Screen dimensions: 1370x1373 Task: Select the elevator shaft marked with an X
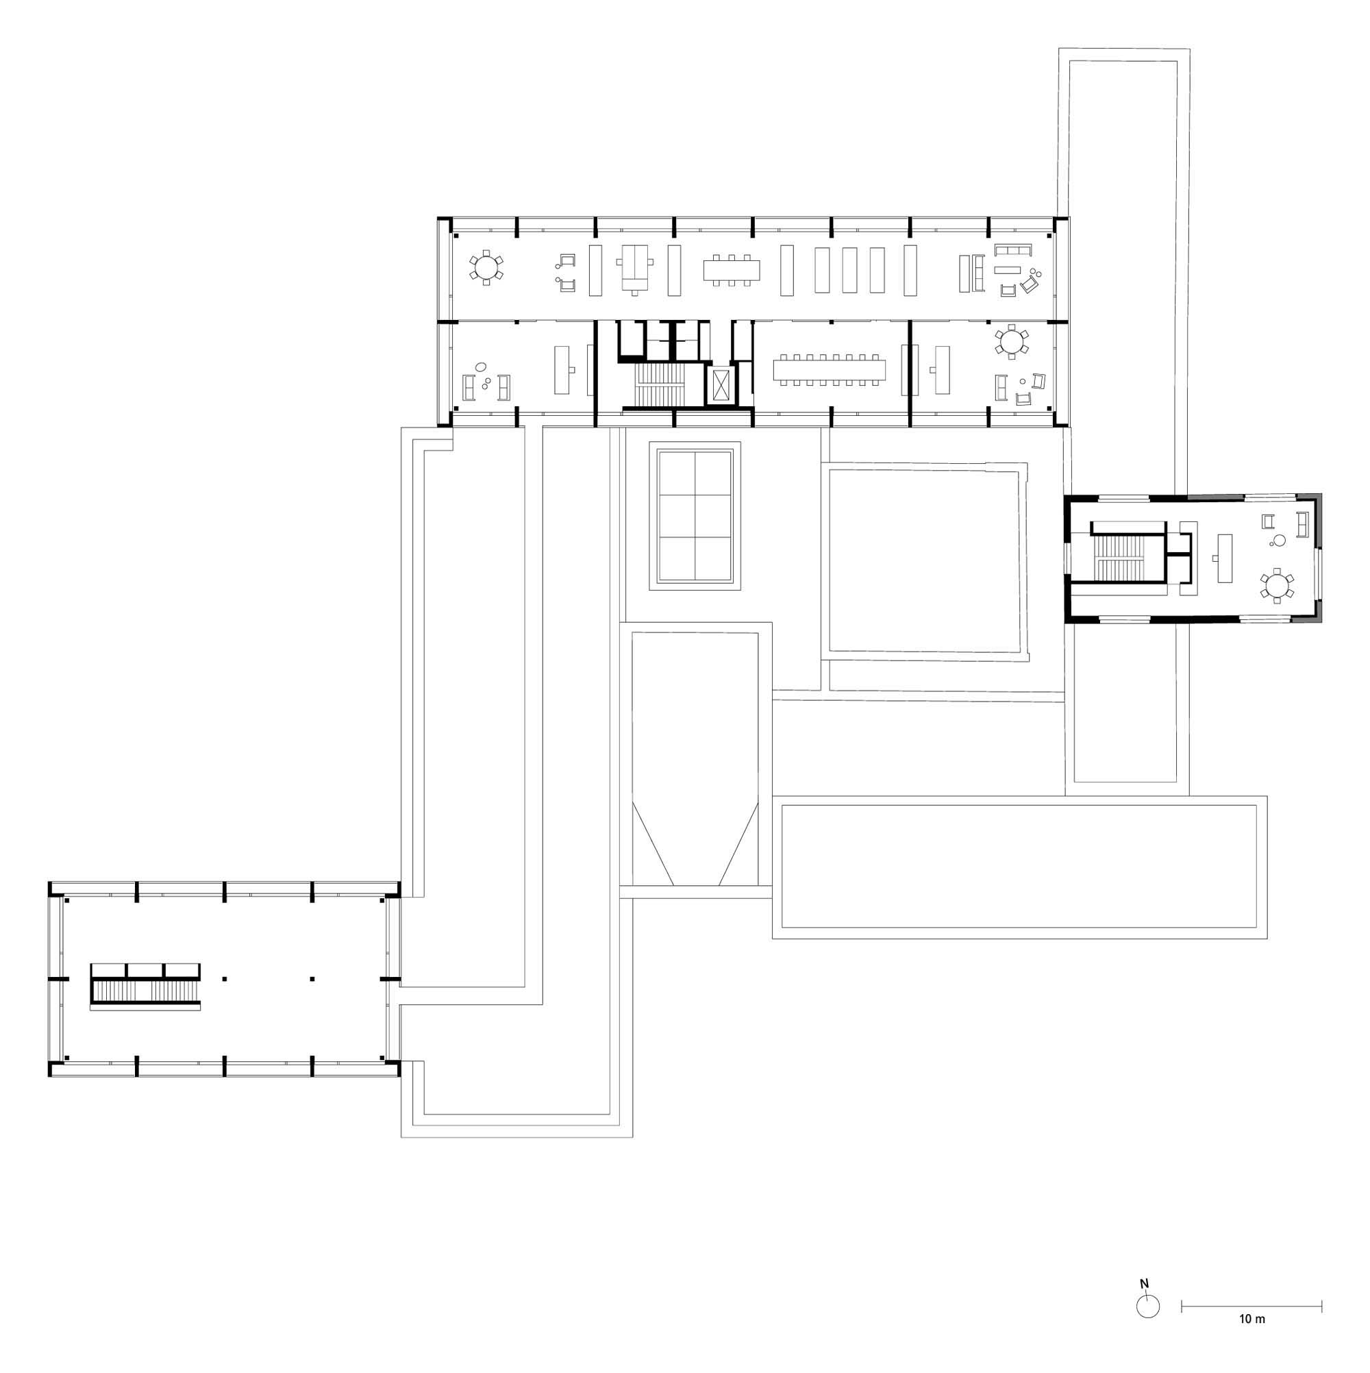pos(722,385)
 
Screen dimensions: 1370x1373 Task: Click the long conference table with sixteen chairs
pos(830,369)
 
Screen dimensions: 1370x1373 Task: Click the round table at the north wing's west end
pos(486,267)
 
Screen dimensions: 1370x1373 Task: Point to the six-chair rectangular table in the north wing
pos(731,270)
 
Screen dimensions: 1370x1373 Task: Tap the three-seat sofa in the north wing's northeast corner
pos(1012,250)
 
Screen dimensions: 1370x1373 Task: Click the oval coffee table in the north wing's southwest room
pos(480,367)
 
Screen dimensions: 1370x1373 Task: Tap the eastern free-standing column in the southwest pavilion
pos(312,979)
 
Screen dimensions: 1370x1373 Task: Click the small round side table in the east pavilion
pos(1279,541)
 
